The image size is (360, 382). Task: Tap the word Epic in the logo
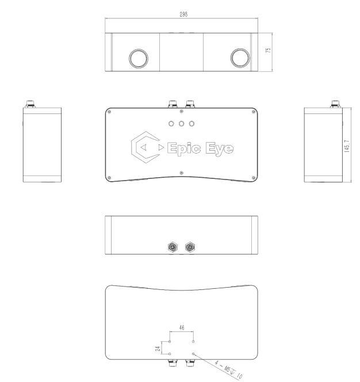183,149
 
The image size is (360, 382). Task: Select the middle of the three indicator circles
181,123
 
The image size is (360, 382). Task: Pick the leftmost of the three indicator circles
171,123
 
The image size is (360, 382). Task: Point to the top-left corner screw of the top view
109,112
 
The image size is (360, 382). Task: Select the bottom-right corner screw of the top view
253,177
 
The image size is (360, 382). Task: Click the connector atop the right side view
334,104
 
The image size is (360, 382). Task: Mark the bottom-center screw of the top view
181,173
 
